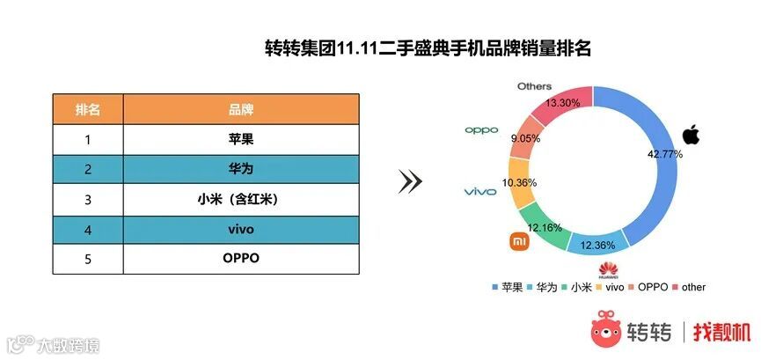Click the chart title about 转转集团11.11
tap(428, 48)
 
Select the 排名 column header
tap(88, 109)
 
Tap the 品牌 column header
tap(241, 109)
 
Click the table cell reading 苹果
tap(241, 139)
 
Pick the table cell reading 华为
tap(241, 169)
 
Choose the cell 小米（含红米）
tap(241, 199)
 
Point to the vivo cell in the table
tap(241, 229)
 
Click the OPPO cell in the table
tap(241, 259)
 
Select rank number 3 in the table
tap(88, 199)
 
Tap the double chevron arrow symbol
tap(410, 181)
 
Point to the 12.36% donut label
tap(600, 244)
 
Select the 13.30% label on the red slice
tap(563, 103)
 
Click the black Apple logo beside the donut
tap(691, 136)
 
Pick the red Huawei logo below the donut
tap(605, 268)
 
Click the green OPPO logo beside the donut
tap(481, 130)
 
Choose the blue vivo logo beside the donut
tap(480, 191)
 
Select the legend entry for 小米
tap(575, 287)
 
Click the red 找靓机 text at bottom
tap(721, 332)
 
